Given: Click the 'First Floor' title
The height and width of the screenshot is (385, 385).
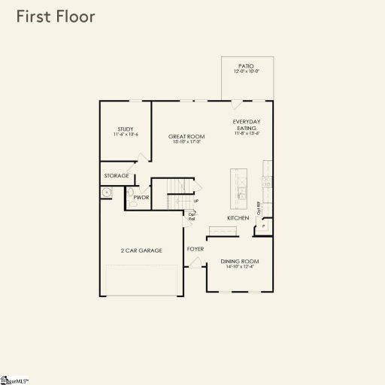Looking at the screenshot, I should [x=56, y=17].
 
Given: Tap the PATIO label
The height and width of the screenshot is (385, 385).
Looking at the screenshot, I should [x=247, y=65].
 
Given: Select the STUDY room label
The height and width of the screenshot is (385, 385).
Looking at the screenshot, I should [x=125, y=129].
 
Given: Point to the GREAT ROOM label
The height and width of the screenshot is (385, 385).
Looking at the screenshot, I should [x=186, y=136].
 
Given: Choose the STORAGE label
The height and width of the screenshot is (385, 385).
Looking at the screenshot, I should [x=116, y=176].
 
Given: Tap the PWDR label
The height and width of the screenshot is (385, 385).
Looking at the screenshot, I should [x=141, y=197].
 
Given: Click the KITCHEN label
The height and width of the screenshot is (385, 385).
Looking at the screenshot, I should [x=238, y=218].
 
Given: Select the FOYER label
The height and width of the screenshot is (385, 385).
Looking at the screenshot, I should [x=196, y=248].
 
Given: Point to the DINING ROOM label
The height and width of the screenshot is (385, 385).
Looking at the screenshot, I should [x=239, y=261].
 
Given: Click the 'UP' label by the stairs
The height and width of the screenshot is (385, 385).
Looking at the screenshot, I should [x=196, y=201].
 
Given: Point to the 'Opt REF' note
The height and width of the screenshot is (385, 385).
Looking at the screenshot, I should [x=259, y=208].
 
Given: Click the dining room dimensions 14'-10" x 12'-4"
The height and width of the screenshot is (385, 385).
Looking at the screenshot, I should [x=239, y=267].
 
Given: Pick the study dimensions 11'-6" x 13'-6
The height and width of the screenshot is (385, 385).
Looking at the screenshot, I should [x=125, y=135].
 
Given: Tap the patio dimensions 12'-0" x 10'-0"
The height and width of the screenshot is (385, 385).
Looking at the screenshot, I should [x=247, y=71].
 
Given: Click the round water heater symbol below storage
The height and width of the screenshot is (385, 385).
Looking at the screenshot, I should [x=107, y=192].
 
